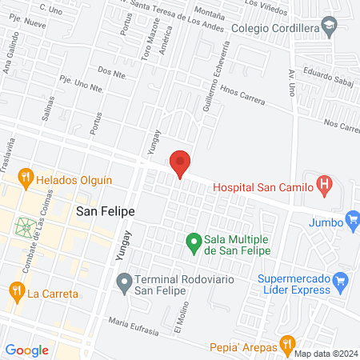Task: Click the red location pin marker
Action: pos(181,163)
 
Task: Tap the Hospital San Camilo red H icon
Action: pos(324,187)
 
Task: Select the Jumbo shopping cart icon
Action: pos(351,218)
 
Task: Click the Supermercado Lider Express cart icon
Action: pos(341,280)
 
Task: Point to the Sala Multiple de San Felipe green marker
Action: pos(193,240)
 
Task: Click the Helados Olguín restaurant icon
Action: pos(26,175)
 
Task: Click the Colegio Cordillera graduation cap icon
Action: pos(330,28)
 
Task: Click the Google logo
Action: pos(26,350)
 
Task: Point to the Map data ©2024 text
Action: pos(326,354)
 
